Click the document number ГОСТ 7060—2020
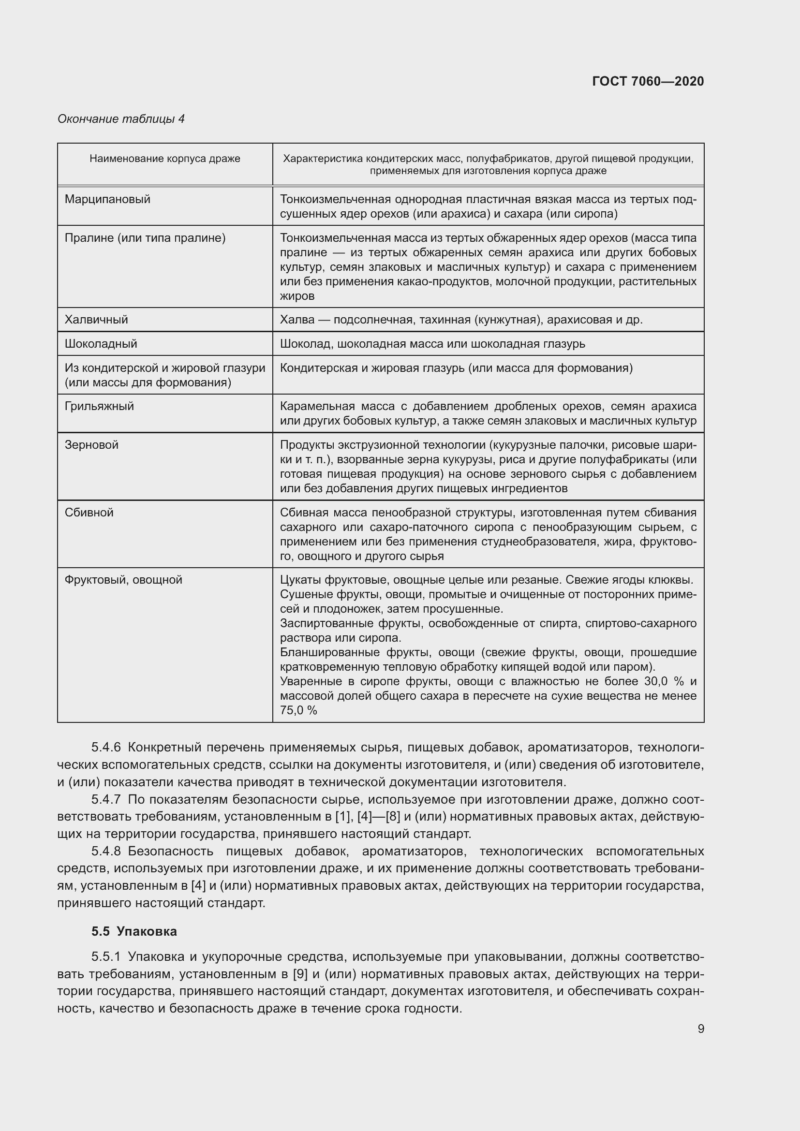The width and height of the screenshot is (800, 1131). coord(648,81)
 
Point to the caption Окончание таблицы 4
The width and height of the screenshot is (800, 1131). coord(121,119)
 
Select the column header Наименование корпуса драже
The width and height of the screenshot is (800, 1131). coord(164,159)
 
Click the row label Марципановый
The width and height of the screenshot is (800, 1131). coord(107,199)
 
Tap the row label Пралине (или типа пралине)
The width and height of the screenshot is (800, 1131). coord(145,238)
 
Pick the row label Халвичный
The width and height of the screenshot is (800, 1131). coord(96,320)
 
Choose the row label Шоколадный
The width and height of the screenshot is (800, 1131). coord(101,344)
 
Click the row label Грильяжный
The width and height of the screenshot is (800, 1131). coord(99,406)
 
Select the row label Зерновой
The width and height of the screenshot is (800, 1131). coord(91,445)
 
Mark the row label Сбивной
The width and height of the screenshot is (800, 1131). coord(89,512)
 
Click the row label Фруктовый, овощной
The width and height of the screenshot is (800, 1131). coord(123,580)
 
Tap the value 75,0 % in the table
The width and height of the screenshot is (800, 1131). coord(298,710)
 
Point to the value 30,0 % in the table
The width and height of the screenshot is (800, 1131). coord(664,681)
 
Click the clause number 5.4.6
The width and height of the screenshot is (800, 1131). coord(106,747)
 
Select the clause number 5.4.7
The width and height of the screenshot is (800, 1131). coord(106,799)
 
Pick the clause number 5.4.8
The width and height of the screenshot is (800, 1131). coord(106,851)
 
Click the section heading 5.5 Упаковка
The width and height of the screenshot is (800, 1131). coord(133,931)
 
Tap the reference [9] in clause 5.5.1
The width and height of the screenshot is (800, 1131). coord(300,974)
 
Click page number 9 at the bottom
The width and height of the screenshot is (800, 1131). coord(700,1028)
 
